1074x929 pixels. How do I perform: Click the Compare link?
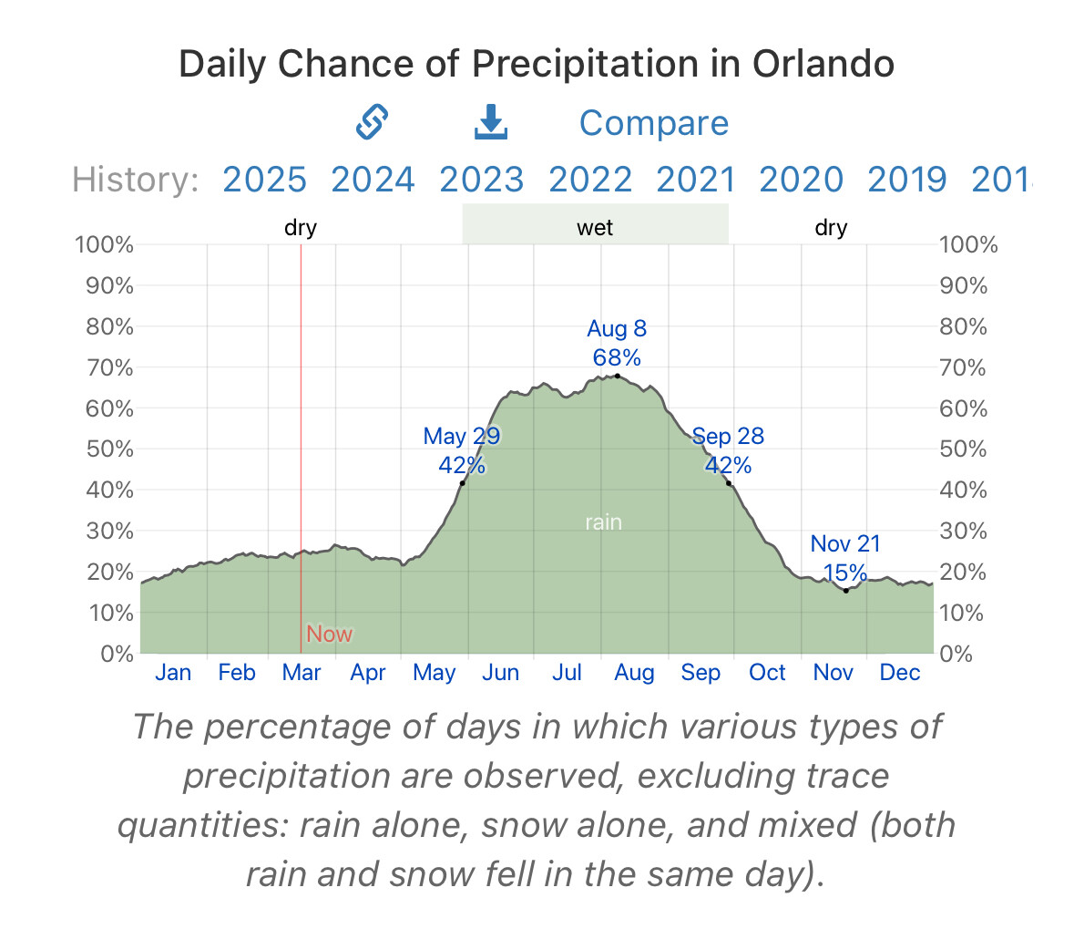pos(653,123)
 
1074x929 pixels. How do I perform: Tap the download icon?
pos(491,122)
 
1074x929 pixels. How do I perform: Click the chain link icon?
pos(372,122)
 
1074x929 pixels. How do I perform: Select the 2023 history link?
pos(481,180)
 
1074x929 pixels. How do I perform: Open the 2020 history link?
pos(801,180)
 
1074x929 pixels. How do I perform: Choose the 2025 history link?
pos(264,180)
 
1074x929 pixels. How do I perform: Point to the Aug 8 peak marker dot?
pos(618,376)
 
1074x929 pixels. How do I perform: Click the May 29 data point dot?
pos(463,483)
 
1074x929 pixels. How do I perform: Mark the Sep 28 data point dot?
pos(729,483)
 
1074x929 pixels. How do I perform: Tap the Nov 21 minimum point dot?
pos(845,591)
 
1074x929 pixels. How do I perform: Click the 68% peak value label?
pos(617,356)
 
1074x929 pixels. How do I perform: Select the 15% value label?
pos(845,573)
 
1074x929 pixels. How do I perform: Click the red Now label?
pos(329,634)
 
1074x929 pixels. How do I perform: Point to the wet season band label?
pos(595,227)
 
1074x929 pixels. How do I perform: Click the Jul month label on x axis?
pos(567,673)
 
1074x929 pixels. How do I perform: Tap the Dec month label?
pos(900,673)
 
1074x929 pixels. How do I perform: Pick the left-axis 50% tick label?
pos(110,449)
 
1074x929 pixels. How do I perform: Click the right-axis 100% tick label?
pos(968,244)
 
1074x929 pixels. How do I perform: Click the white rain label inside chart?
pos(603,522)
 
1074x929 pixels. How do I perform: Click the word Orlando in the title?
pos(823,64)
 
